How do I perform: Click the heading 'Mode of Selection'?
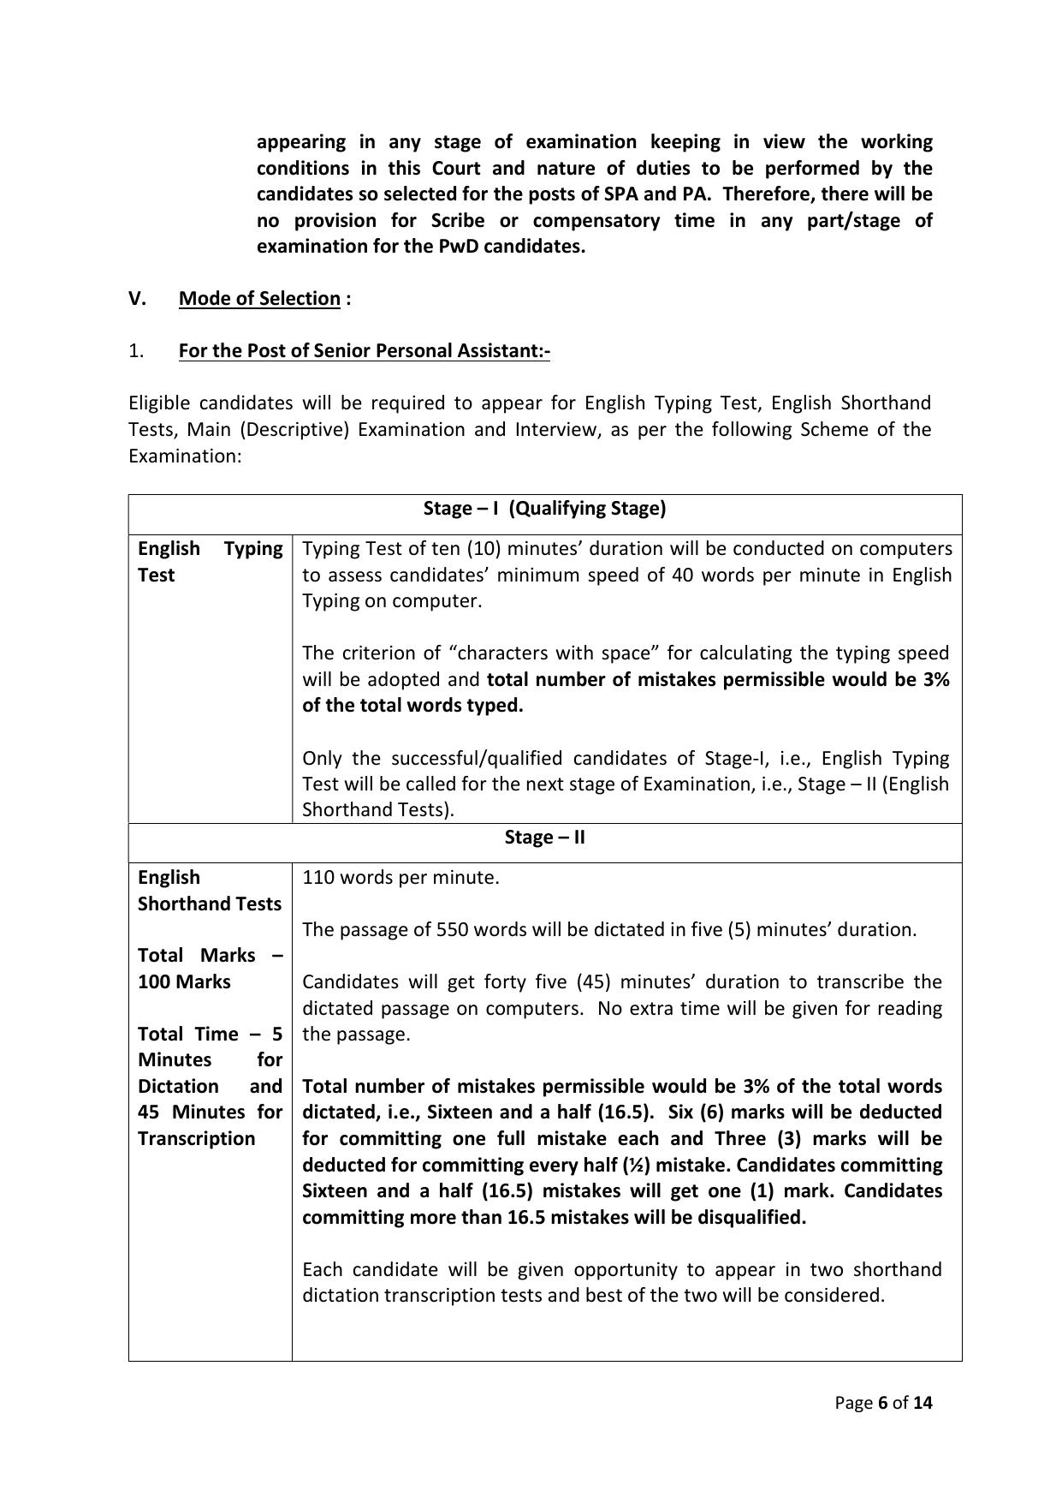[259, 298]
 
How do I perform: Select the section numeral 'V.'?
[138, 298]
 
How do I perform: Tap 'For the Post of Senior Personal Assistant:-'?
[364, 350]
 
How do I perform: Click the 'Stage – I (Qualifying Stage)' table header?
[544, 509]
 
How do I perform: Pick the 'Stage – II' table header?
[544, 837]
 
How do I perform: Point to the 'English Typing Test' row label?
[210, 561]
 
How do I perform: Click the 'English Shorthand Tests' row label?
[209, 890]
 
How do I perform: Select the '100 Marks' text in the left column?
[184, 981]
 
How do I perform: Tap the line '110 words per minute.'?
[400, 877]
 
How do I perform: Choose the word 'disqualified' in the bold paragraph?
[750, 1217]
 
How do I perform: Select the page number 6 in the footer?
[883, 1403]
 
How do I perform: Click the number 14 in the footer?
[923, 1403]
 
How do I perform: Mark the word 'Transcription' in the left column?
[196, 1138]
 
